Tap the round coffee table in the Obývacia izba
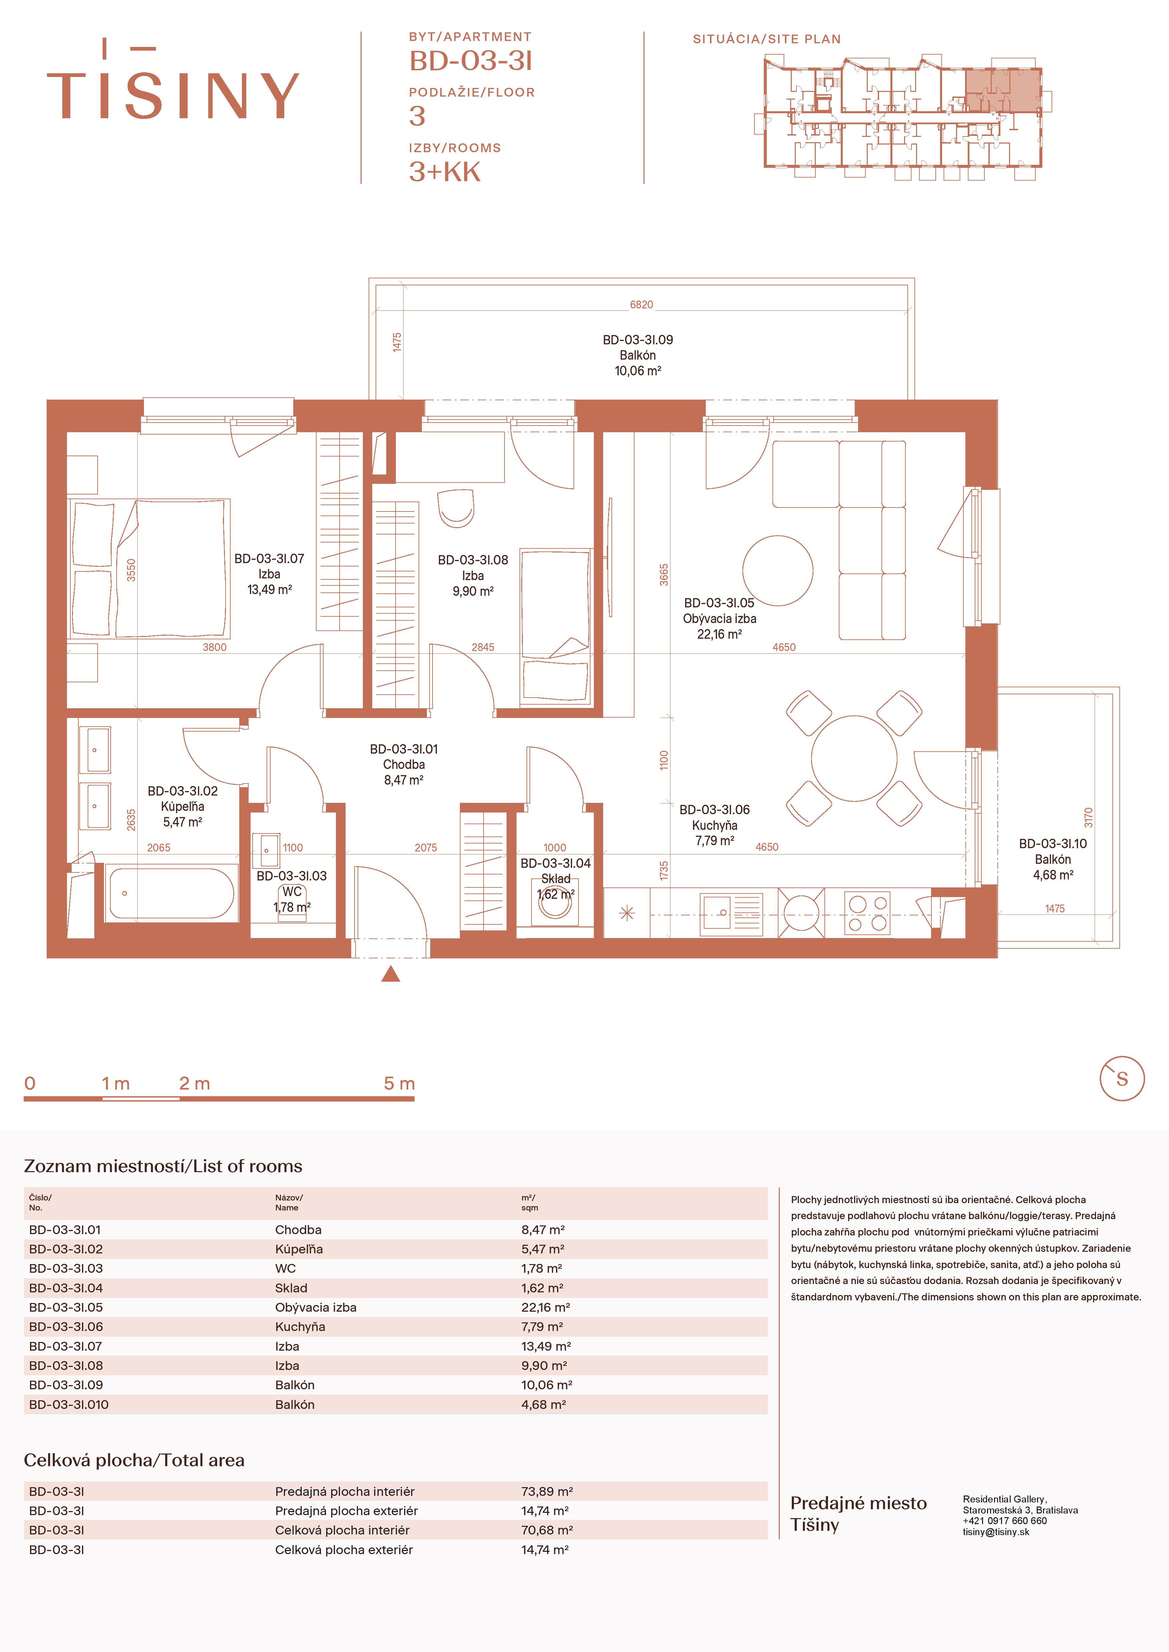777,570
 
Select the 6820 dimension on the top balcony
641,305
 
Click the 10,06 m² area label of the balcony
638,371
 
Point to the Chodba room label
404,765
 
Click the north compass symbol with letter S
1121,1079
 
